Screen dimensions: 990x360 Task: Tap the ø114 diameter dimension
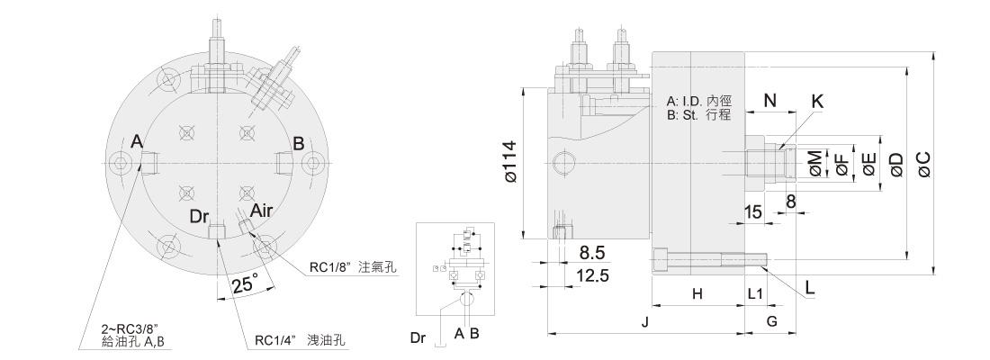[510, 162]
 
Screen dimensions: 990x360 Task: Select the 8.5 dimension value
[591, 253]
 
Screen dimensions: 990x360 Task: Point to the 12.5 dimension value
[593, 275]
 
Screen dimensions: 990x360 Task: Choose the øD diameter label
[895, 164]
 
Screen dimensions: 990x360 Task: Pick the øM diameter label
[816, 164]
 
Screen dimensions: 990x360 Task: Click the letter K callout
[817, 102]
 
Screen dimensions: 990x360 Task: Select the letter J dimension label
[644, 322]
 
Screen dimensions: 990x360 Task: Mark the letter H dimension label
[697, 293]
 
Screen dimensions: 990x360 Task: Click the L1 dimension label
[755, 293]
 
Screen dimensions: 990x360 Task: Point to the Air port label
[261, 210]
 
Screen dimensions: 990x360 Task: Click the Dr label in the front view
[199, 217]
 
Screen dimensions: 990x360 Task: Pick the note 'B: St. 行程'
[698, 115]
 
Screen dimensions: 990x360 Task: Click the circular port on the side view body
[563, 164]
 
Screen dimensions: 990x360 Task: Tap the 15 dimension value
[752, 211]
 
